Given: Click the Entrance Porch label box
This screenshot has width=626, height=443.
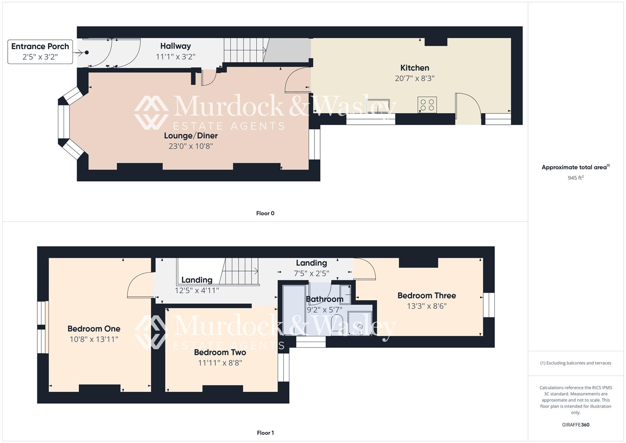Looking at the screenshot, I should (x=40, y=52).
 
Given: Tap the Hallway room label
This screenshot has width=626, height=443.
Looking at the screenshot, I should (x=175, y=46).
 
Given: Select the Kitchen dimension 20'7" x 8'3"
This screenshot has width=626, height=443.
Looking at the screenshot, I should (x=414, y=78).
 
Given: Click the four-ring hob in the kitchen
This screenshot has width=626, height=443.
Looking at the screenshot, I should (x=427, y=105).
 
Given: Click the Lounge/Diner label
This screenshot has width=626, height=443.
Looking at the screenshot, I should (x=191, y=135).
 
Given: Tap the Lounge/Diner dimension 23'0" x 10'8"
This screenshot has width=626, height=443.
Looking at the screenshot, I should (x=191, y=146).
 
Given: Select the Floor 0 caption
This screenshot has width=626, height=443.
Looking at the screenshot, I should (x=265, y=213).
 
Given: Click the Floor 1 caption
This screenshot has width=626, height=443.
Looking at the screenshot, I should (x=265, y=433).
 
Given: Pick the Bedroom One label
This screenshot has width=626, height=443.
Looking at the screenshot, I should (x=94, y=329).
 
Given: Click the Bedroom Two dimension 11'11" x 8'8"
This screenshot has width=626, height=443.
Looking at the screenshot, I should (x=220, y=363).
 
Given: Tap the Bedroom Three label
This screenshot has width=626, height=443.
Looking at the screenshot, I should (x=426, y=295).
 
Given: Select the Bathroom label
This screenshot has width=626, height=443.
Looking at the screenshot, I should (x=325, y=299).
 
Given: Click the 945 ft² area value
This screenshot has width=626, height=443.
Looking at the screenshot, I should (x=576, y=178).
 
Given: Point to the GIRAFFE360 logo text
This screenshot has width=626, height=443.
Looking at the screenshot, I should (x=576, y=425).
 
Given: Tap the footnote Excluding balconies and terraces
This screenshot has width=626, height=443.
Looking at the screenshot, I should (x=576, y=363).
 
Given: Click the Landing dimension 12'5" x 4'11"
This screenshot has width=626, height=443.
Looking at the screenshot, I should (x=197, y=290).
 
